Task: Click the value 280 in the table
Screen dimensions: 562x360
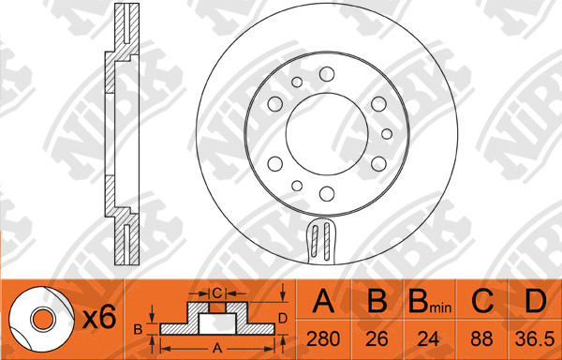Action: click(x=323, y=338)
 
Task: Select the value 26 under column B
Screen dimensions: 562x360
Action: click(x=377, y=338)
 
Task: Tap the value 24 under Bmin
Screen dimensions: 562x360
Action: click(x=428, y=338)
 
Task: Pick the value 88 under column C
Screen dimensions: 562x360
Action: click(x=482, y=338)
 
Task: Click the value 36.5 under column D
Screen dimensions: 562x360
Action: click(x=535, y=338)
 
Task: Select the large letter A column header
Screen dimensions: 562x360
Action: click(x=323, y=301)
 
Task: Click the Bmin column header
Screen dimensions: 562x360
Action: click(x=430, y=301)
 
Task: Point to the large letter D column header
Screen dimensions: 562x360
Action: click(x=535, y=301)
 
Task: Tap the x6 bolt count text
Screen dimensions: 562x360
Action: click(x=99, y=318)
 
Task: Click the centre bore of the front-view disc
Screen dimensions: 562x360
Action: click(x=327, y=134)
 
